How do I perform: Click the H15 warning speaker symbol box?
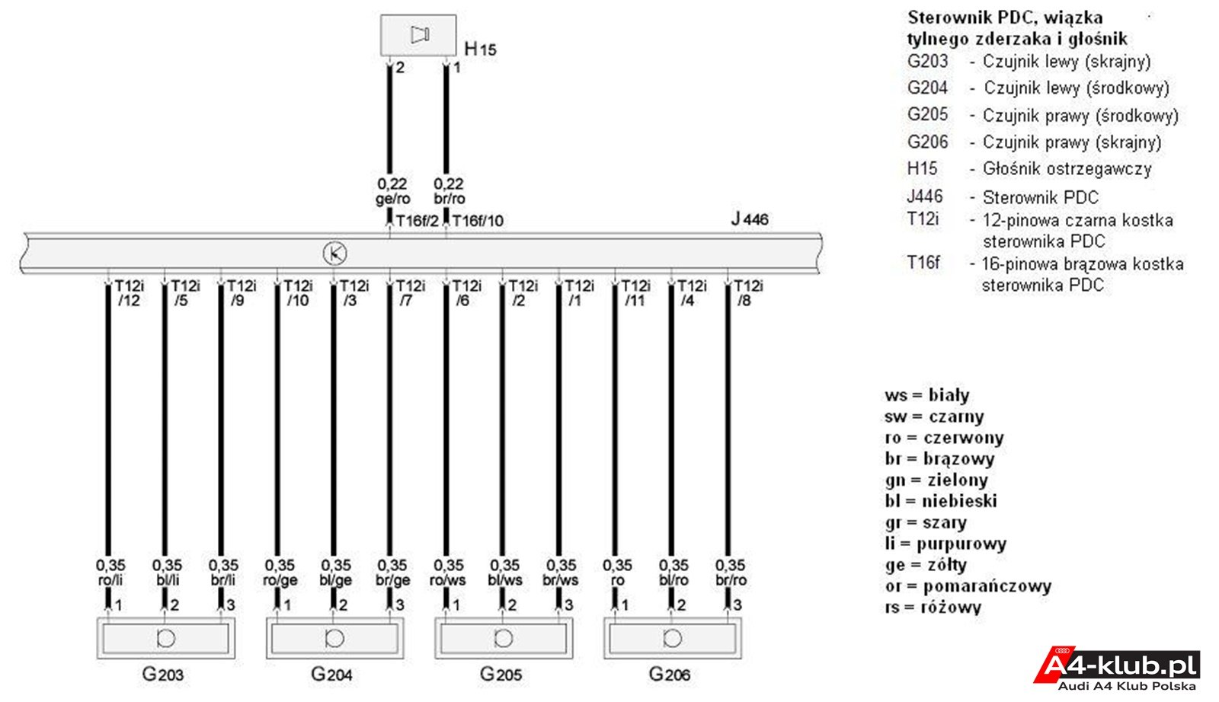tap(418, 35)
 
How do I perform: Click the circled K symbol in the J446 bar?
tap(334, 254)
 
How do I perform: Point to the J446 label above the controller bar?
tap(750, 219)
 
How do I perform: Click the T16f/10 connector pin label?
tap(478, 221)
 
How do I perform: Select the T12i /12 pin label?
tap(130, 293)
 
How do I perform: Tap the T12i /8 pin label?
tap(748, 293)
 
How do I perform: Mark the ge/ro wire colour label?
tap(393, 199)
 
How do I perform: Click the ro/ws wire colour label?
tap(447, 580)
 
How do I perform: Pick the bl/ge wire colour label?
tap(336, 581)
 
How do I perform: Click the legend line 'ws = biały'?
tap(926, 395)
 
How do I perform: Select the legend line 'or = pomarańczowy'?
tap(968, 586)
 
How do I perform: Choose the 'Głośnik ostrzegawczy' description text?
tap(1067, 169)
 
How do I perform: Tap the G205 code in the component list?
tap(927, 115)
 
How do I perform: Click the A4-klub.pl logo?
tap(1117, 668)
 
